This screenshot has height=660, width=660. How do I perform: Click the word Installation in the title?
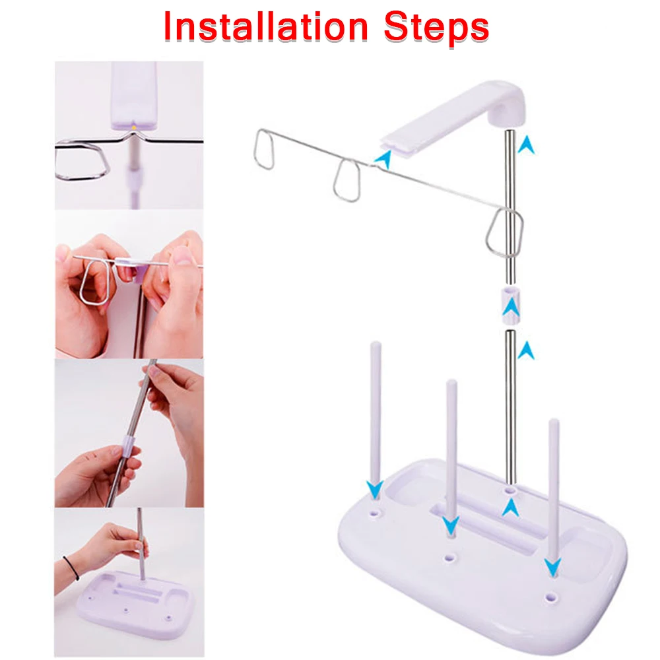click(x=266, y=26)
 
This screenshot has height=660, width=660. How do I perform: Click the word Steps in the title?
click(x=436, y=28)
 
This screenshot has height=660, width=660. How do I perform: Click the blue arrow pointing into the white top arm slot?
click(x=383, y=159)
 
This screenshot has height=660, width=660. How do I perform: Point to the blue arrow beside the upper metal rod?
click(x=526, y=145)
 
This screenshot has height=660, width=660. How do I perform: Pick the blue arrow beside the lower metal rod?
click(x=526, y=350)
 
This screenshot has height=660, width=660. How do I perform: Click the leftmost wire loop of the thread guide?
click(x=264, y=149)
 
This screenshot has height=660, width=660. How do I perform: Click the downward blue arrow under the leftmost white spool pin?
click(x=374, y=490)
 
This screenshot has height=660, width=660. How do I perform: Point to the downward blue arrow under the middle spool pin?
click(x=450, y=526)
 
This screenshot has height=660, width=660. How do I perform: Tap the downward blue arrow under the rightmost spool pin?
click(x=552, y=567)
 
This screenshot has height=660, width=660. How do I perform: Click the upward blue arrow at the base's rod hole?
click(x=510, y=508)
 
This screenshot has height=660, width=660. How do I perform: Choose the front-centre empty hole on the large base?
click(x=449, y=558)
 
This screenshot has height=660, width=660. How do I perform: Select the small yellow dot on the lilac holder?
click(x=134, y=127)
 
